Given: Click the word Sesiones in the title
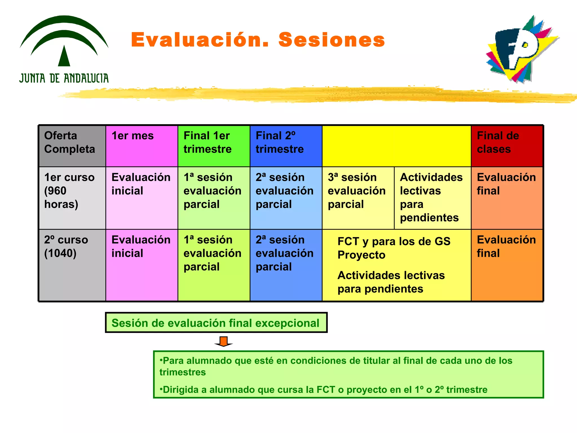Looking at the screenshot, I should click(332, 40).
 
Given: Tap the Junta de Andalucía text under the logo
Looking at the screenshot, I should click(64, 78).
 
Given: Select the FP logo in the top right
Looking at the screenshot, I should click(521, 49).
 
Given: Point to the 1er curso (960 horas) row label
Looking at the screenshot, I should click(72, 191).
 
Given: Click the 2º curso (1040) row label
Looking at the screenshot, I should click(72, 247).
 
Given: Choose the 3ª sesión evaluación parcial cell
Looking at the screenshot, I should click(357, 191).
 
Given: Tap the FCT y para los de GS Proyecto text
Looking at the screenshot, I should click(394, 248).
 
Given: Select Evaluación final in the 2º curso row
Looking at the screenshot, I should click(506, 247).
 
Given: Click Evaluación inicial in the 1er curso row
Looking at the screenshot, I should click(141, 184).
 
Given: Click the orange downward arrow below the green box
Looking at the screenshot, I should click(223, 341).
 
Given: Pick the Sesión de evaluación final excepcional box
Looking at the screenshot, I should click(216, 323).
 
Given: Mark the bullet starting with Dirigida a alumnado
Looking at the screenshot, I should click(323, 390).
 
